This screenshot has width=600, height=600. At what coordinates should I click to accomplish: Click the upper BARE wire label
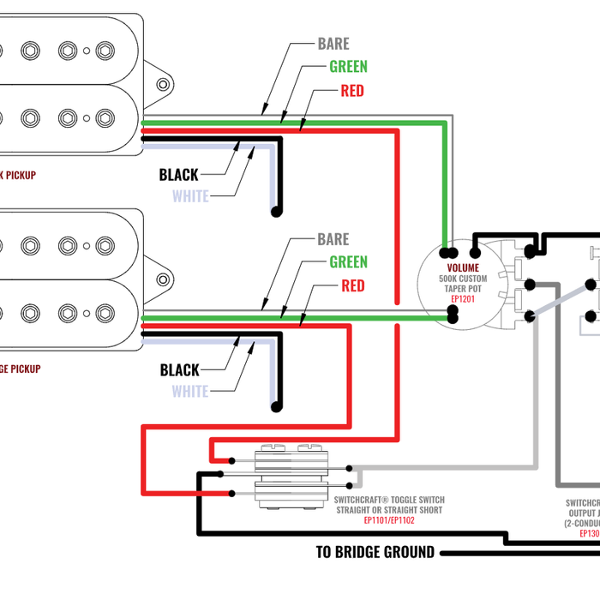[333, 44]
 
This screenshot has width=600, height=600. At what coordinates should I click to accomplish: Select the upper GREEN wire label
[348, 67]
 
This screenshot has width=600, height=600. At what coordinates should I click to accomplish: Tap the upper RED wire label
[351, 91]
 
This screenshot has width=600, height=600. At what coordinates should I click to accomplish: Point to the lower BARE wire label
[333, 239]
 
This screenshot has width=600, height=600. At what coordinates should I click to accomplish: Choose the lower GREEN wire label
[348, 262]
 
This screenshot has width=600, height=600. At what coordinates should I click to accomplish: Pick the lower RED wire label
[352, 285]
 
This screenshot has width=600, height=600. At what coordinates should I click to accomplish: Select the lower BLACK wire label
[179, 370]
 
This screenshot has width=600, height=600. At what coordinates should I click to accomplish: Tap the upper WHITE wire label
[190, 196]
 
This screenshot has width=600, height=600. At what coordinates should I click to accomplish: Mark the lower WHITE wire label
[190, 392]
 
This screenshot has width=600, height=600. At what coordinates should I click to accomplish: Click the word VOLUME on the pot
[463, 268]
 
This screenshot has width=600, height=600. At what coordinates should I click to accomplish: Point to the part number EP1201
[463, 299]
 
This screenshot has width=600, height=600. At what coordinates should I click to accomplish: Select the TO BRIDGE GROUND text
[375, 552]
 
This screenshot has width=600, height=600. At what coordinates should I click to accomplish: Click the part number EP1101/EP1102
[388, 520]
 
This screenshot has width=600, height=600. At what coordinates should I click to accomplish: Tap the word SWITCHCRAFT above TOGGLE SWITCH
[361, 500]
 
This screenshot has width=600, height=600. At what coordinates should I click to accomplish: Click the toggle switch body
[291, 476]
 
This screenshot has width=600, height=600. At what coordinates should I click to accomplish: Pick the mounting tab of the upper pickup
[162, 84]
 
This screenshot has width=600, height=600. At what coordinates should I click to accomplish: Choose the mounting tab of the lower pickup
[162, 279]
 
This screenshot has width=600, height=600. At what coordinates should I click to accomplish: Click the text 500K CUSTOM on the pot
[463, 279]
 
